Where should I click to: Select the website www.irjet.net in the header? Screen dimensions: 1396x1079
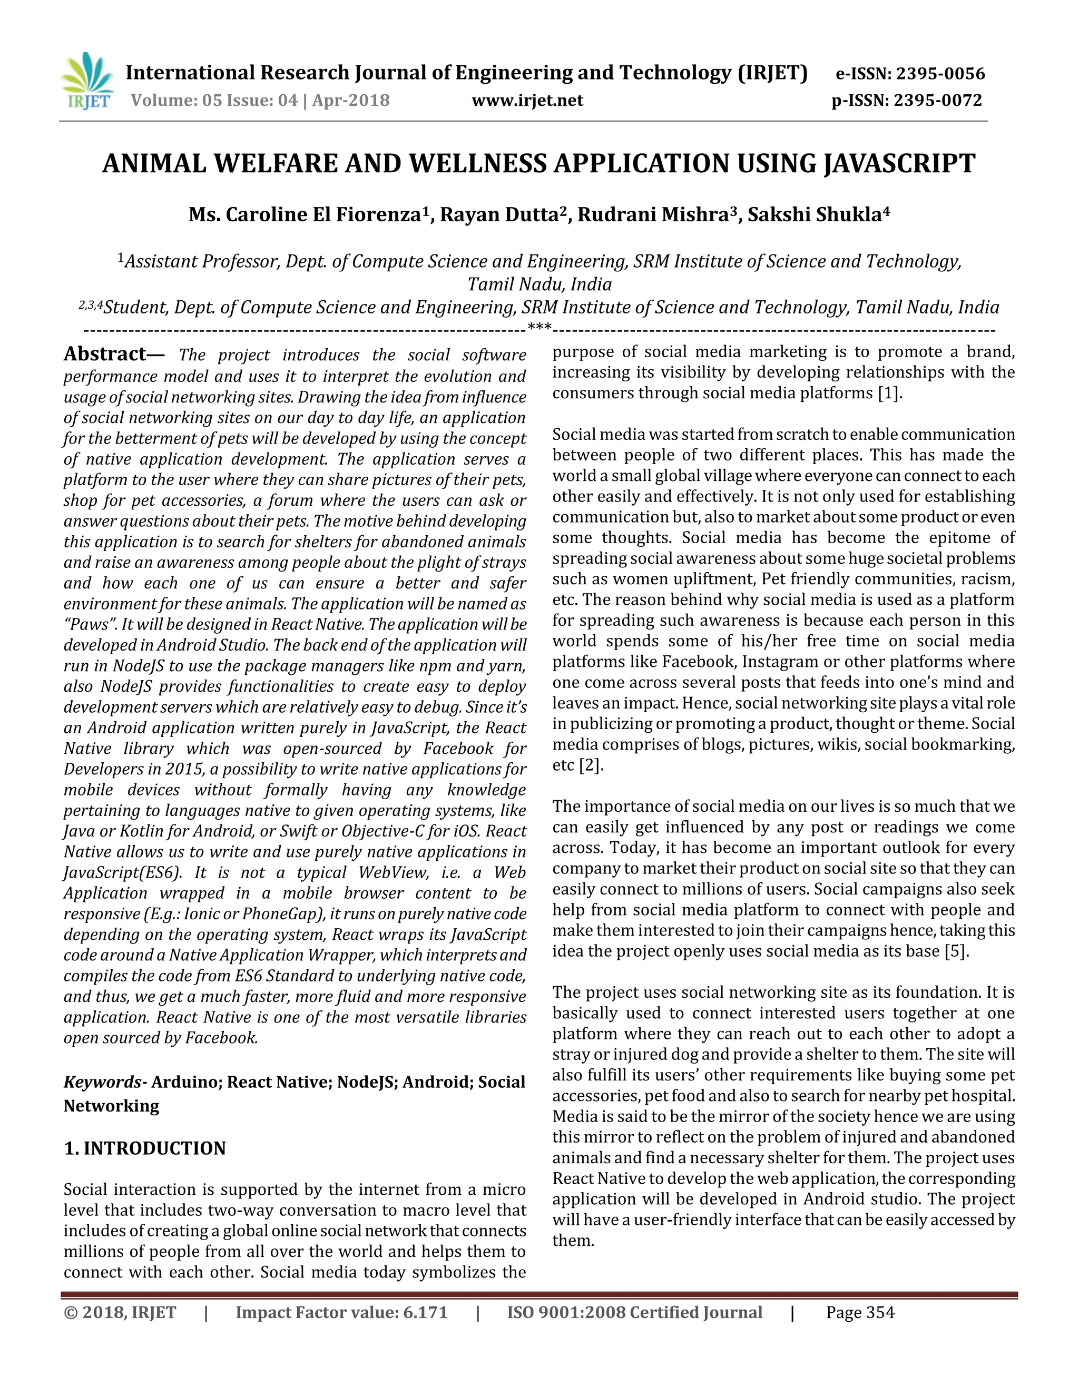527,100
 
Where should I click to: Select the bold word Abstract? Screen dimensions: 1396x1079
105,354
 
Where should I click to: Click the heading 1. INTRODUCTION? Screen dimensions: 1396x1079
145,1148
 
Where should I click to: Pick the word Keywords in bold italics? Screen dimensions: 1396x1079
102,1082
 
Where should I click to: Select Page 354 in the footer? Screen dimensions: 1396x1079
860,1312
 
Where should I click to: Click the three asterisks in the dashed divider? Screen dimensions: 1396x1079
539,330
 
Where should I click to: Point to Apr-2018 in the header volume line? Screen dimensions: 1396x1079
350,100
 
